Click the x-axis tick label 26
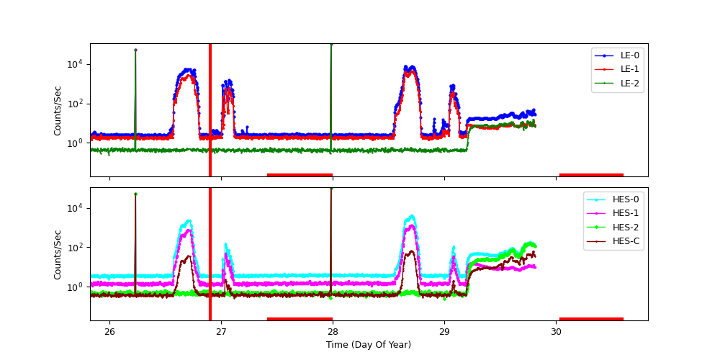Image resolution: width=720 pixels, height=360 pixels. click(x=109, y=331)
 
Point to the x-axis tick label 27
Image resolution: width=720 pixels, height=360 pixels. click(x=221, y=331)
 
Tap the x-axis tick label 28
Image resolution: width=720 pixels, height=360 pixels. click(x=333, y=331)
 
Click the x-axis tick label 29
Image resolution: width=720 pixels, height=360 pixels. click(x=444, y=331)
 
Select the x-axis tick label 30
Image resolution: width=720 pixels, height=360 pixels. click(x=556, y=331)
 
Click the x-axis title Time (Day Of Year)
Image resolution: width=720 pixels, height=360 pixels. click(x=369, y=345)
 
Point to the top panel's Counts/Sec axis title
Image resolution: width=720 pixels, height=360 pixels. click(x=58, y=110)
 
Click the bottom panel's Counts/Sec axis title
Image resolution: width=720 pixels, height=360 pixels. click(x=58, y=254)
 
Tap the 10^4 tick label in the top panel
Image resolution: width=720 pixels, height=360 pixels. click(x=75, y=64)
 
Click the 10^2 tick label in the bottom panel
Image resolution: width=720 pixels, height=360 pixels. click(x=75, y=248)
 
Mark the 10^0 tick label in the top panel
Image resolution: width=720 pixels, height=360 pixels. click(x=75, y=143)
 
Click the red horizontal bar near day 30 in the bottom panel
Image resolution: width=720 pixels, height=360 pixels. click(x=591, y=318)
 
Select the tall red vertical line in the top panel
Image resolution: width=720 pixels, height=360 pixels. click(x=210, y=108)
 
